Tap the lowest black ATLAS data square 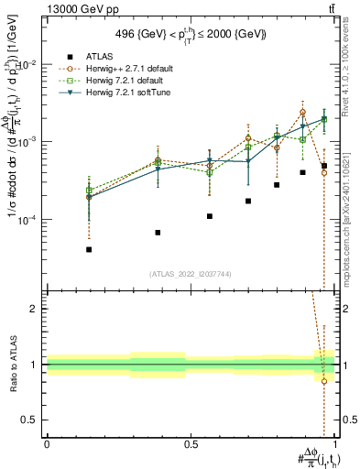coord(89,249)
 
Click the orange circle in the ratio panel coord(324,381)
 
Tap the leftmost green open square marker coord(89,191)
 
